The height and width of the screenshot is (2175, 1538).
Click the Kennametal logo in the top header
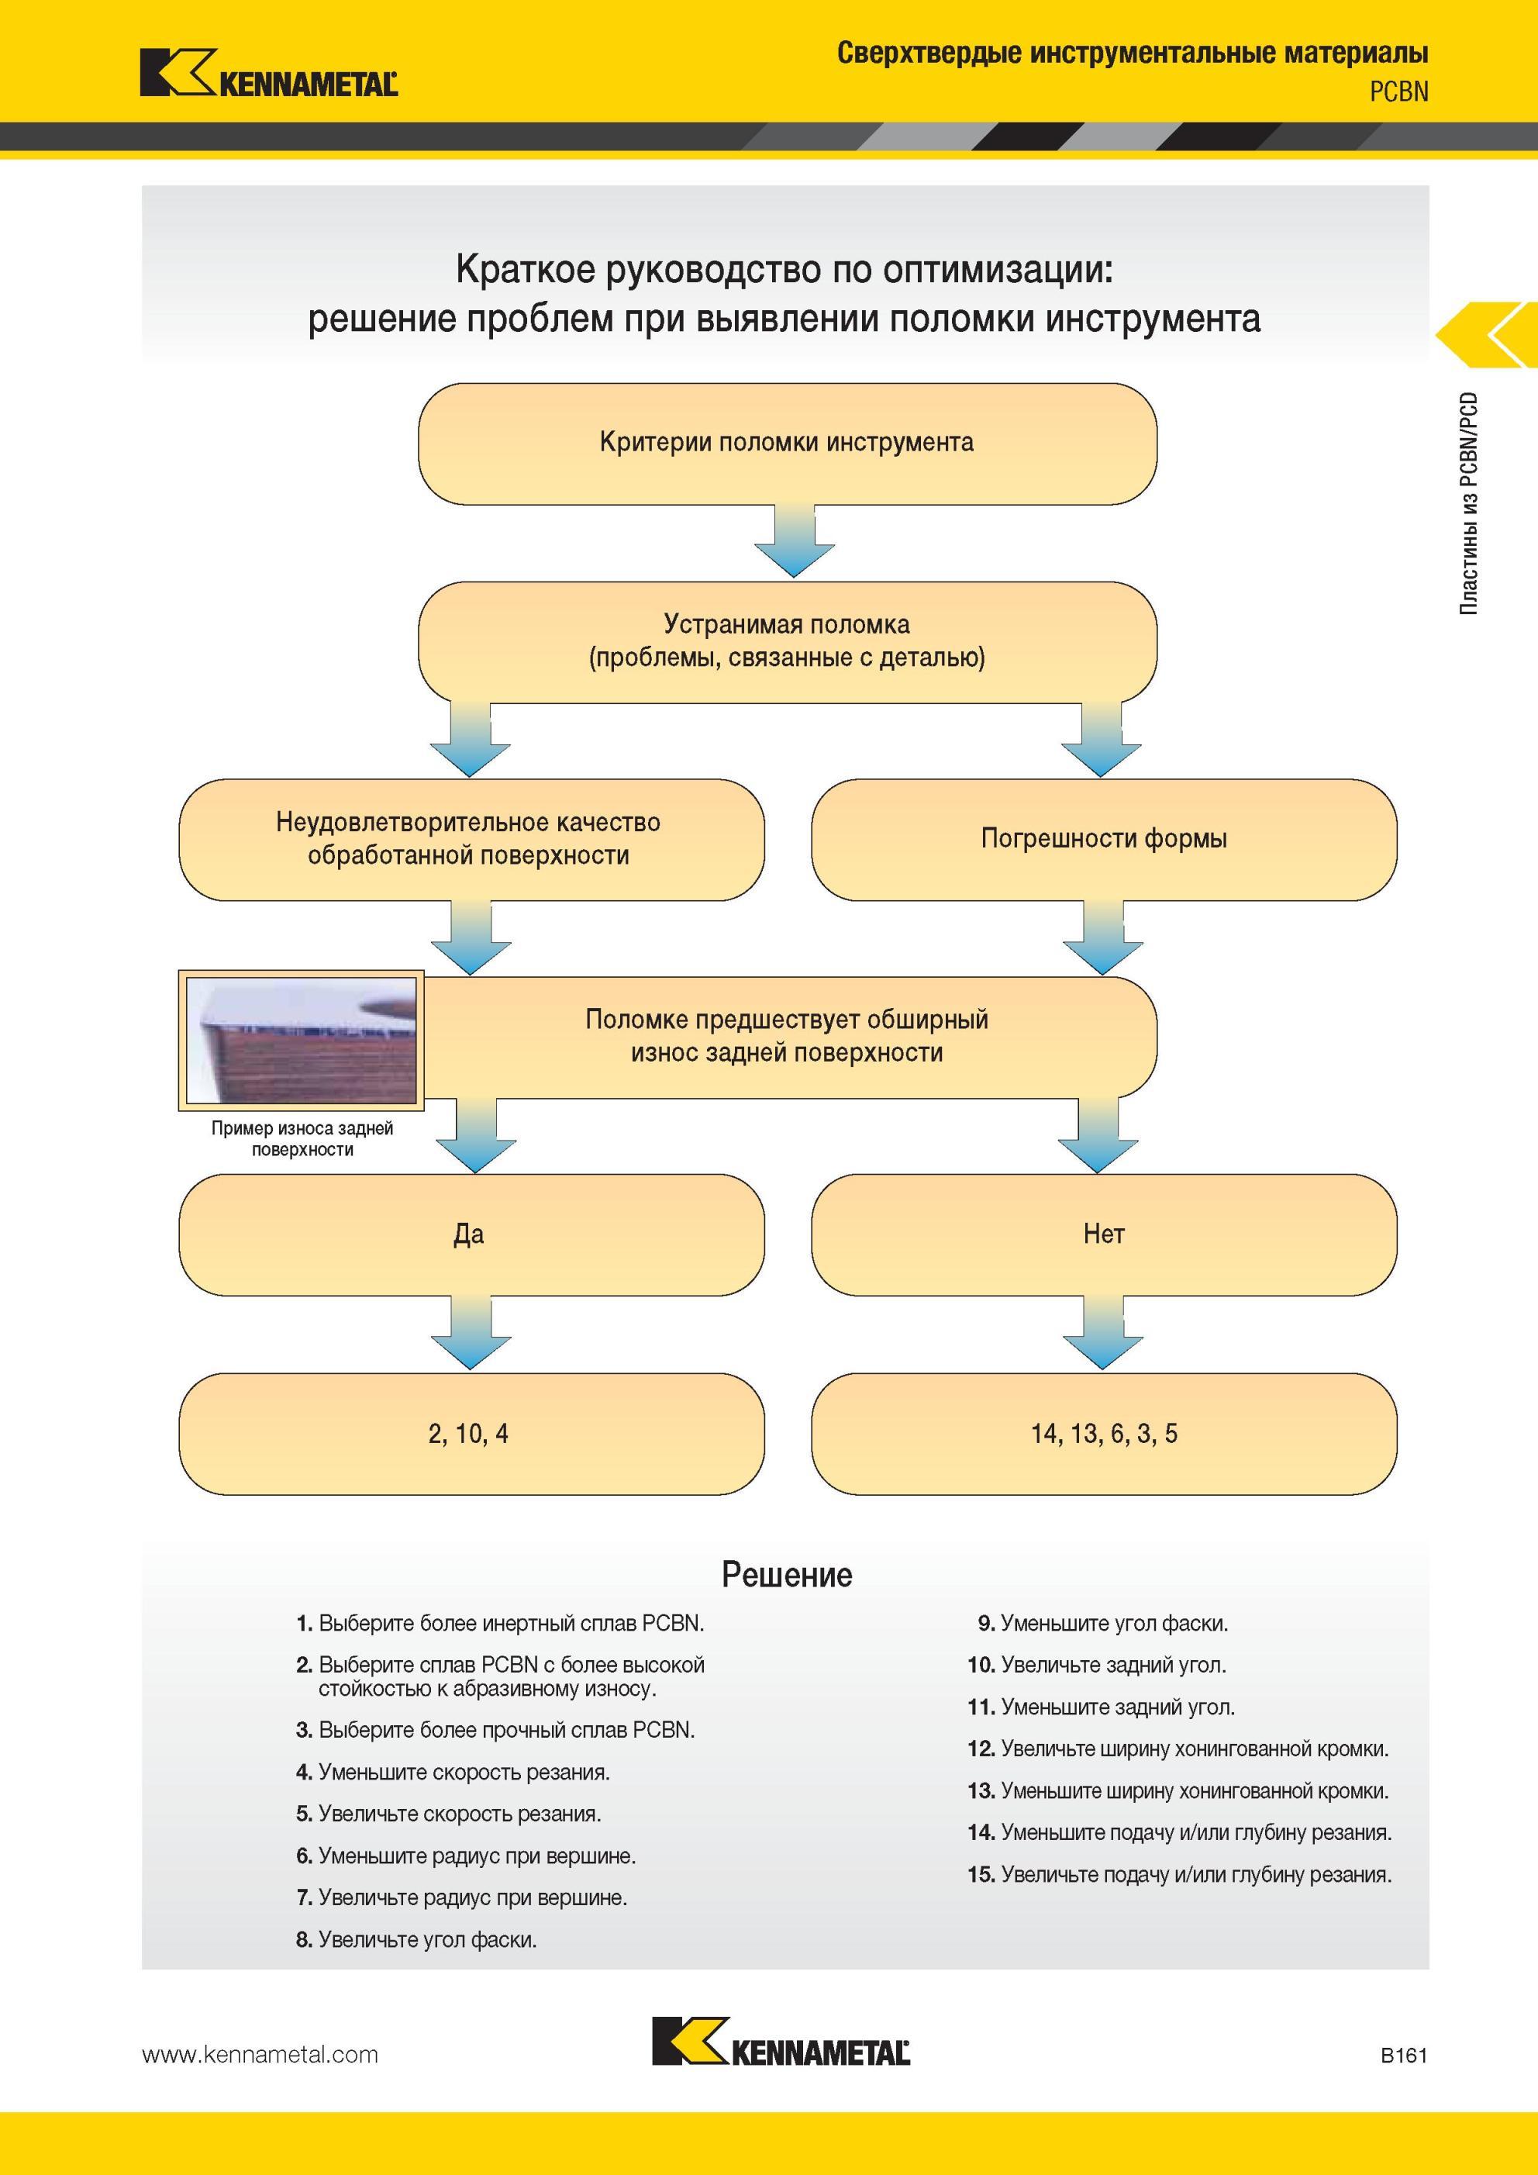(x=269, y=73)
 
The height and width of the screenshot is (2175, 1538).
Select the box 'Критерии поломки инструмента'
(x=787, y=444)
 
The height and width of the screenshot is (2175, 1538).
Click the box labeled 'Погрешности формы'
(x=1104, y=839)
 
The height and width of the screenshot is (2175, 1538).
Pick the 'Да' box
(x=471, y=1234)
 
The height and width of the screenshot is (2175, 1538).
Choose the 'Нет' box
(x=1104, y=1234)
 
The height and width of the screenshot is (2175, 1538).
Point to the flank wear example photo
(x=301, y=1040)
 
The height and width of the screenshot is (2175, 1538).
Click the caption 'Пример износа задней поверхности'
(x=302, y=1138)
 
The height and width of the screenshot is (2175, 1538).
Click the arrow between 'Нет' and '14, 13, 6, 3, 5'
(x=1102, y=1333)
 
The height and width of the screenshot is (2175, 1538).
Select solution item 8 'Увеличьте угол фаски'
(x=417, y=1940)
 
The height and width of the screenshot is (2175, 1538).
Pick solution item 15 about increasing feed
(x=1180, y=1875)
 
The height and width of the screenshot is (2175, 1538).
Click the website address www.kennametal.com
(x=260, y=2055)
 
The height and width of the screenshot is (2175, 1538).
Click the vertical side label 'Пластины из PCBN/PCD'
(x=1468, y=504)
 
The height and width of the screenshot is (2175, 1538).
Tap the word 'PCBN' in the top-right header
(x=1398, y=92)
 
